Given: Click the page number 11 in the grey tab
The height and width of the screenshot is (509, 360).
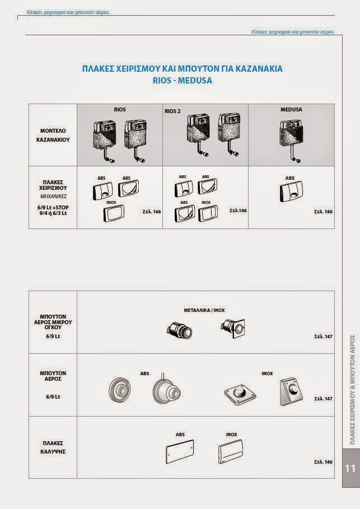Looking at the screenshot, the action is (x=350, y=469).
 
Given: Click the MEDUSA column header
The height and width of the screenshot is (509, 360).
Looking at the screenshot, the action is (x=291, y=110).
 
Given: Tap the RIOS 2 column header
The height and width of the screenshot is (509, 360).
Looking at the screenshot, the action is (x=172, y=111).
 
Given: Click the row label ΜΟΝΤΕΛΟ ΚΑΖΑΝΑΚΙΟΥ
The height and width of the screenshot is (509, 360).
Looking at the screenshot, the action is (x=53, y=136).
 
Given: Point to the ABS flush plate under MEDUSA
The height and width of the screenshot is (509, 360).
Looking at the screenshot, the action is (x=291, y=191).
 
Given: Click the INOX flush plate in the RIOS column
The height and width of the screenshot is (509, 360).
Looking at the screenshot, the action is (x=114, y=213).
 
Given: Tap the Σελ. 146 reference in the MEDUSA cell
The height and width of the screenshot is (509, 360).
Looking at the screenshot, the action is (x=323, y=212).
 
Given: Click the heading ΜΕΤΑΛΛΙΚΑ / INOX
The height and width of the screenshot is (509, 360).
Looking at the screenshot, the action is (x=204, y=310).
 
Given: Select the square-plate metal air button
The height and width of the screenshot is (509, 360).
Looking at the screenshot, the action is (x=233, y=328).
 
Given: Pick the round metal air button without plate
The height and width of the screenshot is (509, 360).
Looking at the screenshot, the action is (x=179, y=331).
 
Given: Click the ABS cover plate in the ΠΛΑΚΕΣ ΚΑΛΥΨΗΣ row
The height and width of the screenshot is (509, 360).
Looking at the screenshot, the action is (x=180, y=451).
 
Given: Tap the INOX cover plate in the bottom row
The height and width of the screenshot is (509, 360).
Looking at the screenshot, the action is (x=231, y=451).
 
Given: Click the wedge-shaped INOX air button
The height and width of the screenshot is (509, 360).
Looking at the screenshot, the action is (x=291, y=391).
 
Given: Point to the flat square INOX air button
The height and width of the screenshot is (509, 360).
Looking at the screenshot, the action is (x=240, y=394).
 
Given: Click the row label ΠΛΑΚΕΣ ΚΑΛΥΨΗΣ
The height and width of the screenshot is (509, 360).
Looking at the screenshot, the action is (x=53, y=447).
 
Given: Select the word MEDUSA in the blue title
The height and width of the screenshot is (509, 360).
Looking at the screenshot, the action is (x=195, y=81).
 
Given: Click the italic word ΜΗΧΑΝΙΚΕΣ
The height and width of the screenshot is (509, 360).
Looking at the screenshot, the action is (x=53, y=197).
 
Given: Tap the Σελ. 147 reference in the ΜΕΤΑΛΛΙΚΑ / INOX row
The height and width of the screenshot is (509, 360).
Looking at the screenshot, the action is (x=323, y=337).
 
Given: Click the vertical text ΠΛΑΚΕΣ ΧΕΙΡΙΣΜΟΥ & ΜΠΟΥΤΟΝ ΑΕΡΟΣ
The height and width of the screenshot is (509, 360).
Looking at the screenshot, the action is (x=353, y=390).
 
